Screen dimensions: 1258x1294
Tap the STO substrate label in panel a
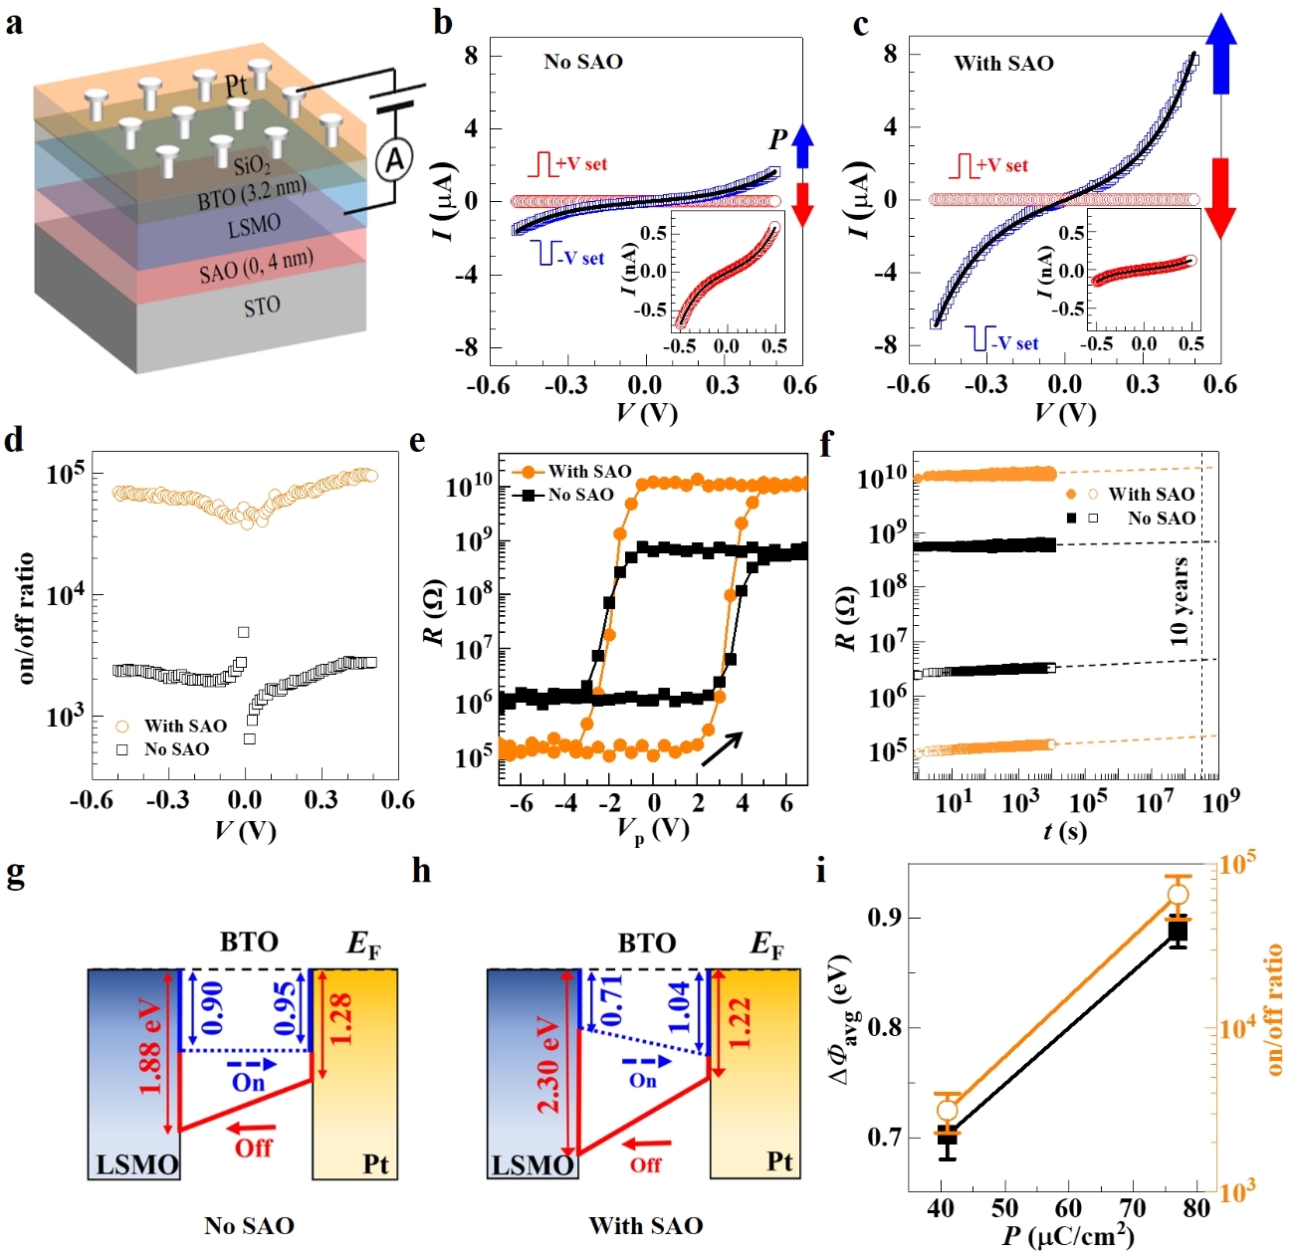262,307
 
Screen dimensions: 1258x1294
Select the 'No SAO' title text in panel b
583,62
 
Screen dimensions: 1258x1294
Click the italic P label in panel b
778,139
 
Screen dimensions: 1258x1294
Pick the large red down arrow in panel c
1221,196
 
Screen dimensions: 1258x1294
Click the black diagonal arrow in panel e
722,749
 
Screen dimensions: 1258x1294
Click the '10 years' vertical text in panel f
1181,601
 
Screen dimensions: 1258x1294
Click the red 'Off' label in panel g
253,1148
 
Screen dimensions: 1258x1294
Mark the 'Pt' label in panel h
779,1161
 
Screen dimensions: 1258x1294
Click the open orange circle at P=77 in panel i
1178,894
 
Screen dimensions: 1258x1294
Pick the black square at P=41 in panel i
948,1136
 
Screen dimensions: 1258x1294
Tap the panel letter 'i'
821,872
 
